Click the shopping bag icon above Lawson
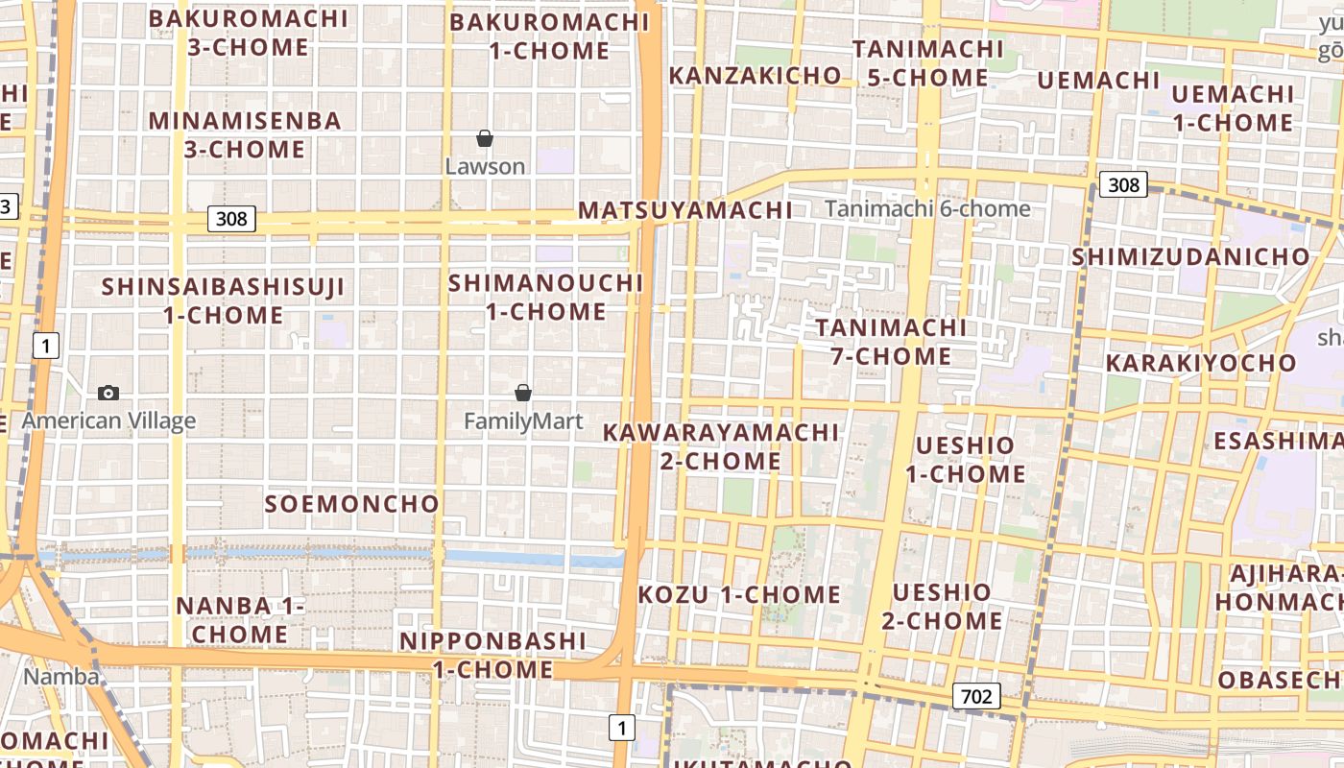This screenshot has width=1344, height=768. (x=485, y=139)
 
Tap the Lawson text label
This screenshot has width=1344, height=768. (x=485, y=167)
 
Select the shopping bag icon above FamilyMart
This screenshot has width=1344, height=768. (x=523, y=393)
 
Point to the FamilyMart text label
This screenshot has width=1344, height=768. (x=523, y=421)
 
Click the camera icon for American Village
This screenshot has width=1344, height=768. (x=108, y=393)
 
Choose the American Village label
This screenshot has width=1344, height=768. (x=108, y=420)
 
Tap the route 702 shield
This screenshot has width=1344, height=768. (x=977, y=696)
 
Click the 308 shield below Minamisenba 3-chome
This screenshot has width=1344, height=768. (x=231, y=219)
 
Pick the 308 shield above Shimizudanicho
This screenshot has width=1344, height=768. (x=1122, y=184)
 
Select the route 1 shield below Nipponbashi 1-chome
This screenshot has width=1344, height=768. (x=621, y=728)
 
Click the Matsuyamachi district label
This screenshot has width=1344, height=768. (x=685, y=210)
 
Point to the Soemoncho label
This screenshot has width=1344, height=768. (x=352, y=504)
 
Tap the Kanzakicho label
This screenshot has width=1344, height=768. (x=755, y=76)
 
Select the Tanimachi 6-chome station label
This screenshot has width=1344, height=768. (x=927, y=209)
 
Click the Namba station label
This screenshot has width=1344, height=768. (x=61, y=677)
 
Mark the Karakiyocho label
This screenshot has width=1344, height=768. (x=1201, y=364)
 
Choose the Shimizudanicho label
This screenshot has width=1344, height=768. (x=1190, y=257)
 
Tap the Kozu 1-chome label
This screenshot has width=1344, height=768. (x=739, y=595)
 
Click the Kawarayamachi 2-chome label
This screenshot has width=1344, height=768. (x=721, y=446)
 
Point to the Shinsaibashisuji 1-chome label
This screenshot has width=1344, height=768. (x=223, y=300)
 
